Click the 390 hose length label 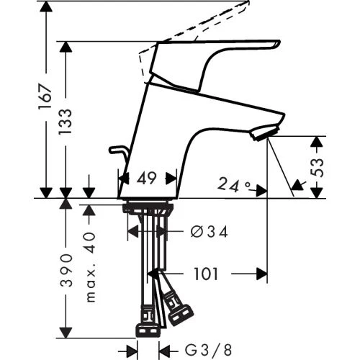tap(66, 270)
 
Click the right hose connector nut tap(180, 311)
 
